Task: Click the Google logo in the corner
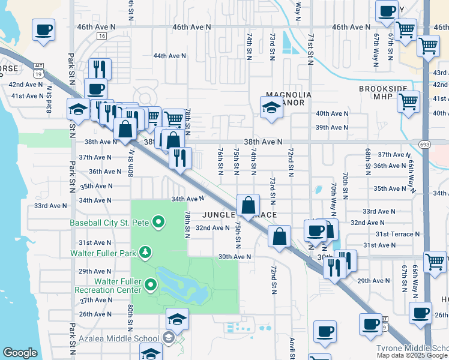[20, 353]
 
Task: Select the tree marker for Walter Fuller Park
[145, 253]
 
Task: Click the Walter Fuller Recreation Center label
[108, 286]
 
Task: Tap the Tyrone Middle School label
[412, 349]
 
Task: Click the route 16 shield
[101, 37]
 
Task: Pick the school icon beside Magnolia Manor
[271, 108]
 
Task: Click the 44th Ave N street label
[169, 56]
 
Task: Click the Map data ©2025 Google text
[412, 355]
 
